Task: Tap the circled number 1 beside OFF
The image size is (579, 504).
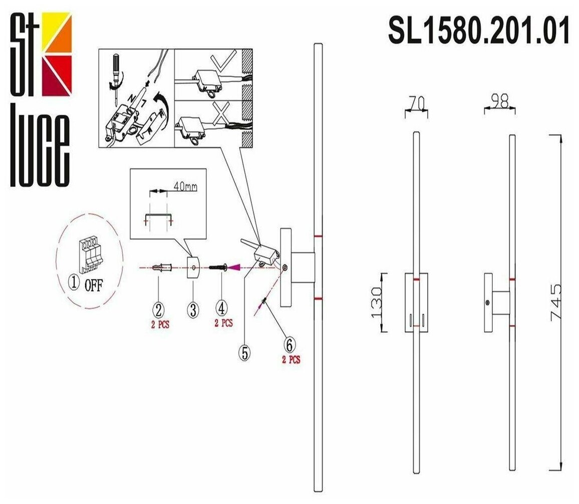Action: pyautogui.click(x=74, y=283)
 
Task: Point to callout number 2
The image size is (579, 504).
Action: pyautogui.click(x=159, y=309)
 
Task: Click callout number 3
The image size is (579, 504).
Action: pyautogui.click(x=193, y=309)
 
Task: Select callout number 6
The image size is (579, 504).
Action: pyautogui.click(x=289, y=345)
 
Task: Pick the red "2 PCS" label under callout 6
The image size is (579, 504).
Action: pyautogui.click(x=290, y=360)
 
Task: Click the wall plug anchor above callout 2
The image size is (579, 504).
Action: pyautogui.click(x=161, y=268)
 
